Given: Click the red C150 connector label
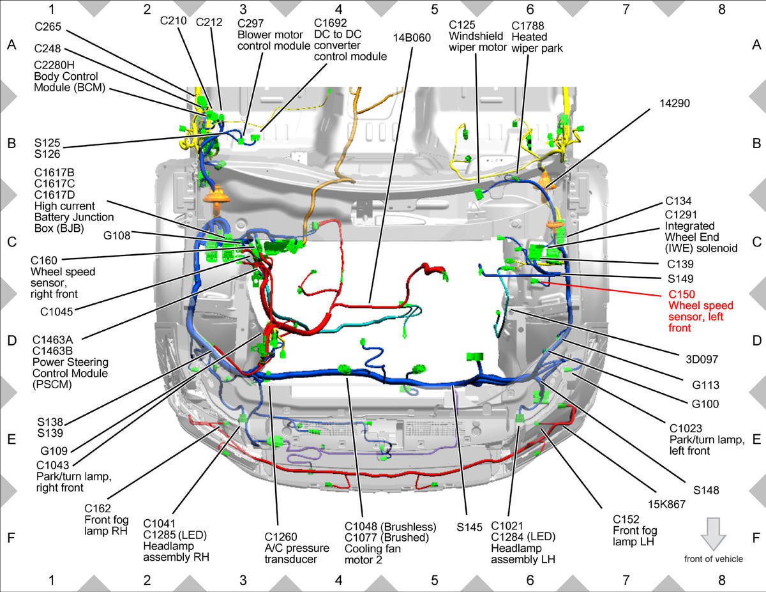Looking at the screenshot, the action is tap(681, 294).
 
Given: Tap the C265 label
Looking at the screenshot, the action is tap(48, 26).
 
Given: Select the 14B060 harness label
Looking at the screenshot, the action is tap(412, 38).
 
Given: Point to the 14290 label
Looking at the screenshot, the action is tap(674, 103).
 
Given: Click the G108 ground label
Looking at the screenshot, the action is tap(117, 235).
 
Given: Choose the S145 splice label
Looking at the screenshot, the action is tap(469, 527).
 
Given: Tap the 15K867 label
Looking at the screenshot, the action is tap(666, 505).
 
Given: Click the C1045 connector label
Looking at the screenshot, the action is tap(56, 312).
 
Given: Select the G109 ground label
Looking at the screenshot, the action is tap(54, 451).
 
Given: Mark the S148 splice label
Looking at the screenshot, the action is tap(706, 490).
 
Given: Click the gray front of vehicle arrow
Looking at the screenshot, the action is tap(713, 534).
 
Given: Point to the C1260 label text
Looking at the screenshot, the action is tap(281, 536).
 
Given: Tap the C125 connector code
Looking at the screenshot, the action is tap(462, 25).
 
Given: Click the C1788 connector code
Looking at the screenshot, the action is tap(527, 26).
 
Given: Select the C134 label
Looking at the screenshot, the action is tap(678, 201).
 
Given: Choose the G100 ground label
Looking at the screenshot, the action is tap(705, 404).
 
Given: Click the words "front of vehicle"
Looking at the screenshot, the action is tap(714, 559).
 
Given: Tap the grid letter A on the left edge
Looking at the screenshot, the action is tap(11, 45).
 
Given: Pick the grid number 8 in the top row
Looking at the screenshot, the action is tap(721, 10).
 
